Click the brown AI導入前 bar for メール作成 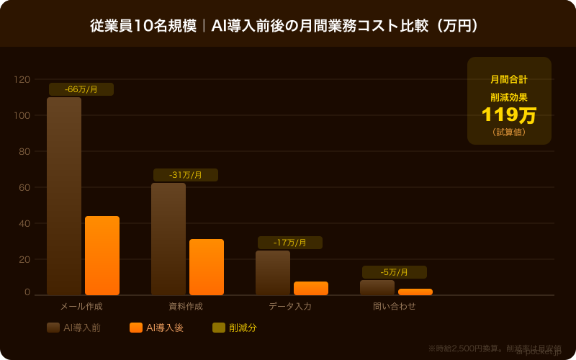coord(64,196)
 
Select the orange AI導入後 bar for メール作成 coord(102,256)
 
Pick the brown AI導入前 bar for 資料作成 coord(168,239)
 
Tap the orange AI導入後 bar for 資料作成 coord(207,267)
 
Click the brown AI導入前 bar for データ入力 coord(273,273)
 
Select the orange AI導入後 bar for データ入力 coord(311,288)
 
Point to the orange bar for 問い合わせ coord(415,292)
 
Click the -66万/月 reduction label coord(81,89)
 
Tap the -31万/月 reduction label coord(186,175)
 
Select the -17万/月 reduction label coord(290,243)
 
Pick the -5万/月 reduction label coord(395,272)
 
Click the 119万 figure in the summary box coord(509,115)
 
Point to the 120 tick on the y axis coord(22,79)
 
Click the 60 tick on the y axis coord(24,187)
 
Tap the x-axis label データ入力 coord(290,306)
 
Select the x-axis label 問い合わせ coord(395,306)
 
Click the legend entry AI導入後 coord(157,328)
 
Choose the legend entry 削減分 coord(235,328)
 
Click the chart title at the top coord(288,25)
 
